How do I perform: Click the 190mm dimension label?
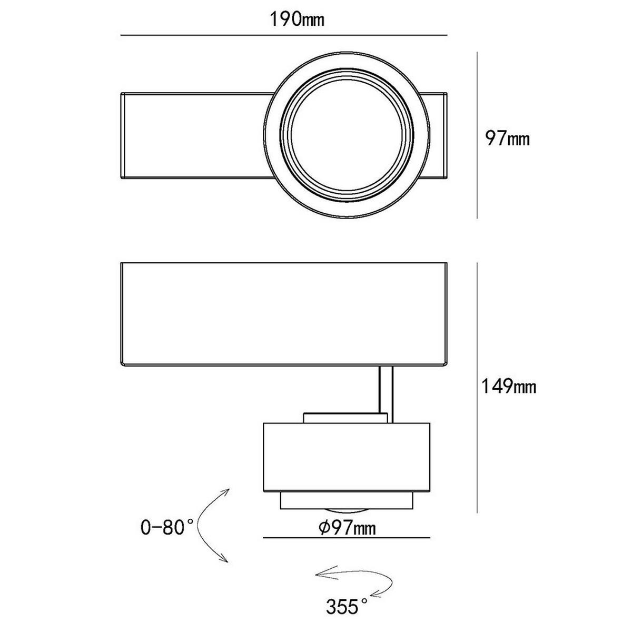[297, 19]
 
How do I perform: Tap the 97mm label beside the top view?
[507, 139]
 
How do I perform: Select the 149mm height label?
[508, 387]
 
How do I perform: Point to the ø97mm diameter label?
[347, 528]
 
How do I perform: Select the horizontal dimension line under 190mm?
[284, 35]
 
